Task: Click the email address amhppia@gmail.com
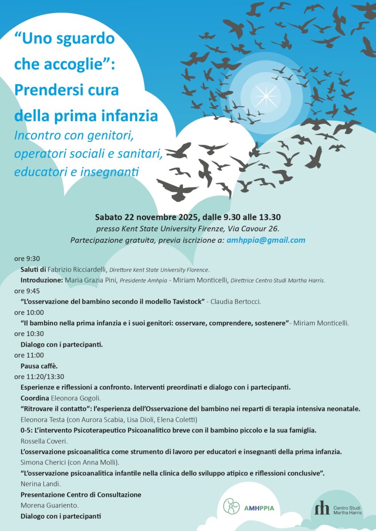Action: click(x=266, y=240)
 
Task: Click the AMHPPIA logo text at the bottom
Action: click(x=259, y=508)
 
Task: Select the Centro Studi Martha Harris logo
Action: click(x=338, y=508)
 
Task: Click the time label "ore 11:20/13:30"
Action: click(x=39, y=377)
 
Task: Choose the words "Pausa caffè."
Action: click(x=39, y=366)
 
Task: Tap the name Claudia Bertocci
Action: click(x=236, y=302)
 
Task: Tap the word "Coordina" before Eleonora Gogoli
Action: click(x=35, y=398)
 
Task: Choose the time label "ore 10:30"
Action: click(x=29, y=334)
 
